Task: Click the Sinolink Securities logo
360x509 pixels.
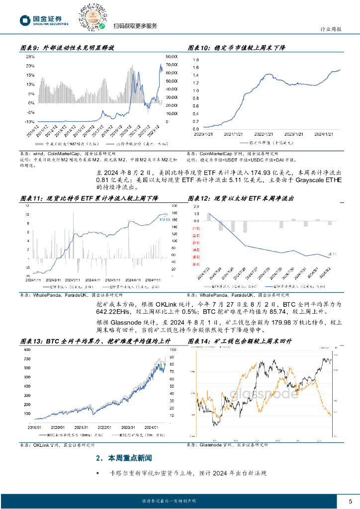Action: (x=44, y=20)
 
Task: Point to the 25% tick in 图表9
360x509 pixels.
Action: (x=30, y=57)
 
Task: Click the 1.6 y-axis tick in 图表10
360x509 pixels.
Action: (x=196, y=68)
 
